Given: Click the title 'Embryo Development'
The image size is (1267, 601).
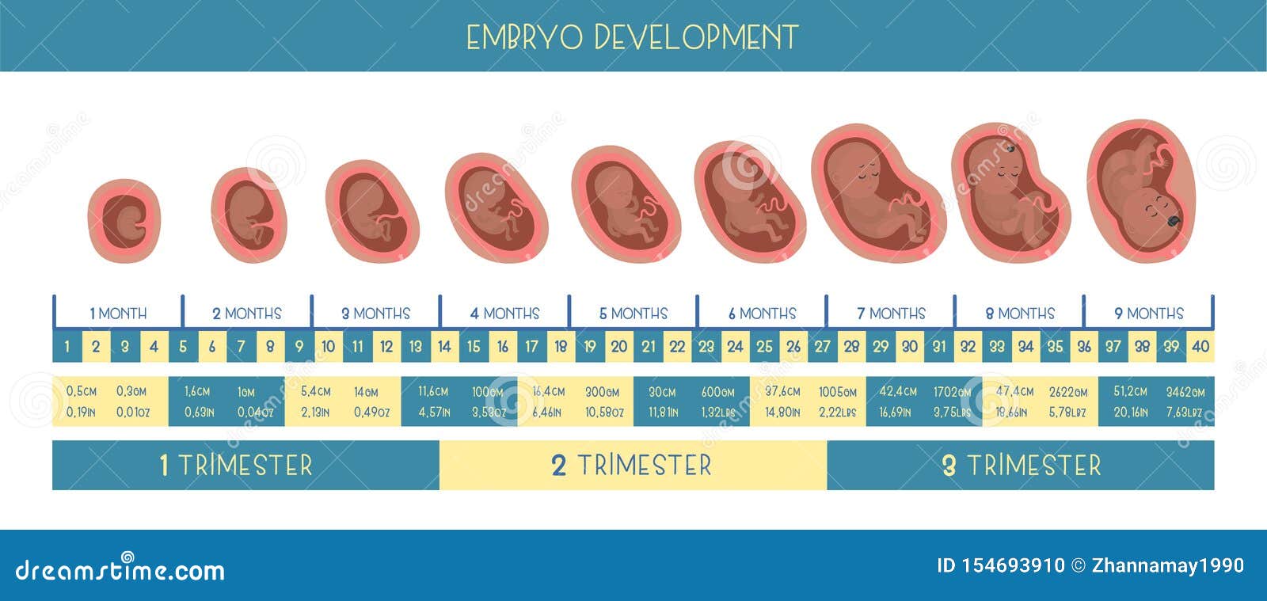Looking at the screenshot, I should click(x=632, y=37).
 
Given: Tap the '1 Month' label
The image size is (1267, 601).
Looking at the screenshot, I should click(x=118, y=314).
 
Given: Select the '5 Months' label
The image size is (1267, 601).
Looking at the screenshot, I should click(x=633, y=314).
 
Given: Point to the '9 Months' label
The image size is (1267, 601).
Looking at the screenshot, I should click(x=1148, y=314).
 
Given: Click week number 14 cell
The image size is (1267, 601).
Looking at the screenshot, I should click(x=444, y=346).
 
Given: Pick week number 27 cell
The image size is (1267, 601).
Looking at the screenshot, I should click(x=822, y=346).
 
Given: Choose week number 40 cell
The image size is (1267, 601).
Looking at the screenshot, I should click(x=1200, y=346).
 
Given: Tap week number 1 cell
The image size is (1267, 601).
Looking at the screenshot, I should click(x=67, y=346).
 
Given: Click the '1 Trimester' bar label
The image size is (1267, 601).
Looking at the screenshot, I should click(x=236, y=465).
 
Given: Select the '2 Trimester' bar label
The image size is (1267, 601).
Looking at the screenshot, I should click(x=632, y=465).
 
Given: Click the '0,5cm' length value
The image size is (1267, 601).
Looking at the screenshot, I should click(x=82, y=391).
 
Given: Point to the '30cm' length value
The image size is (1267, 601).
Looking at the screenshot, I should click(x=662, y=391).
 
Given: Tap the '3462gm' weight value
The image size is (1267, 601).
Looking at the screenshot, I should click(x=1185, y=391).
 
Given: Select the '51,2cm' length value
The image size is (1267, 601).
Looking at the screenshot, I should click(x=1130, y=391).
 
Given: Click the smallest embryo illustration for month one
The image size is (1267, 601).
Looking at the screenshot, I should click(x=124, y=221).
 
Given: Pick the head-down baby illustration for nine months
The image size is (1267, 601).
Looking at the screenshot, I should click(x=1141, y=192).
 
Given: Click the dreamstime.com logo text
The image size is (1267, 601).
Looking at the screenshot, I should click(x=120, y=569).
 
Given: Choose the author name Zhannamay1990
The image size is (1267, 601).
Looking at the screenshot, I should click(x=1167, y=565).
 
